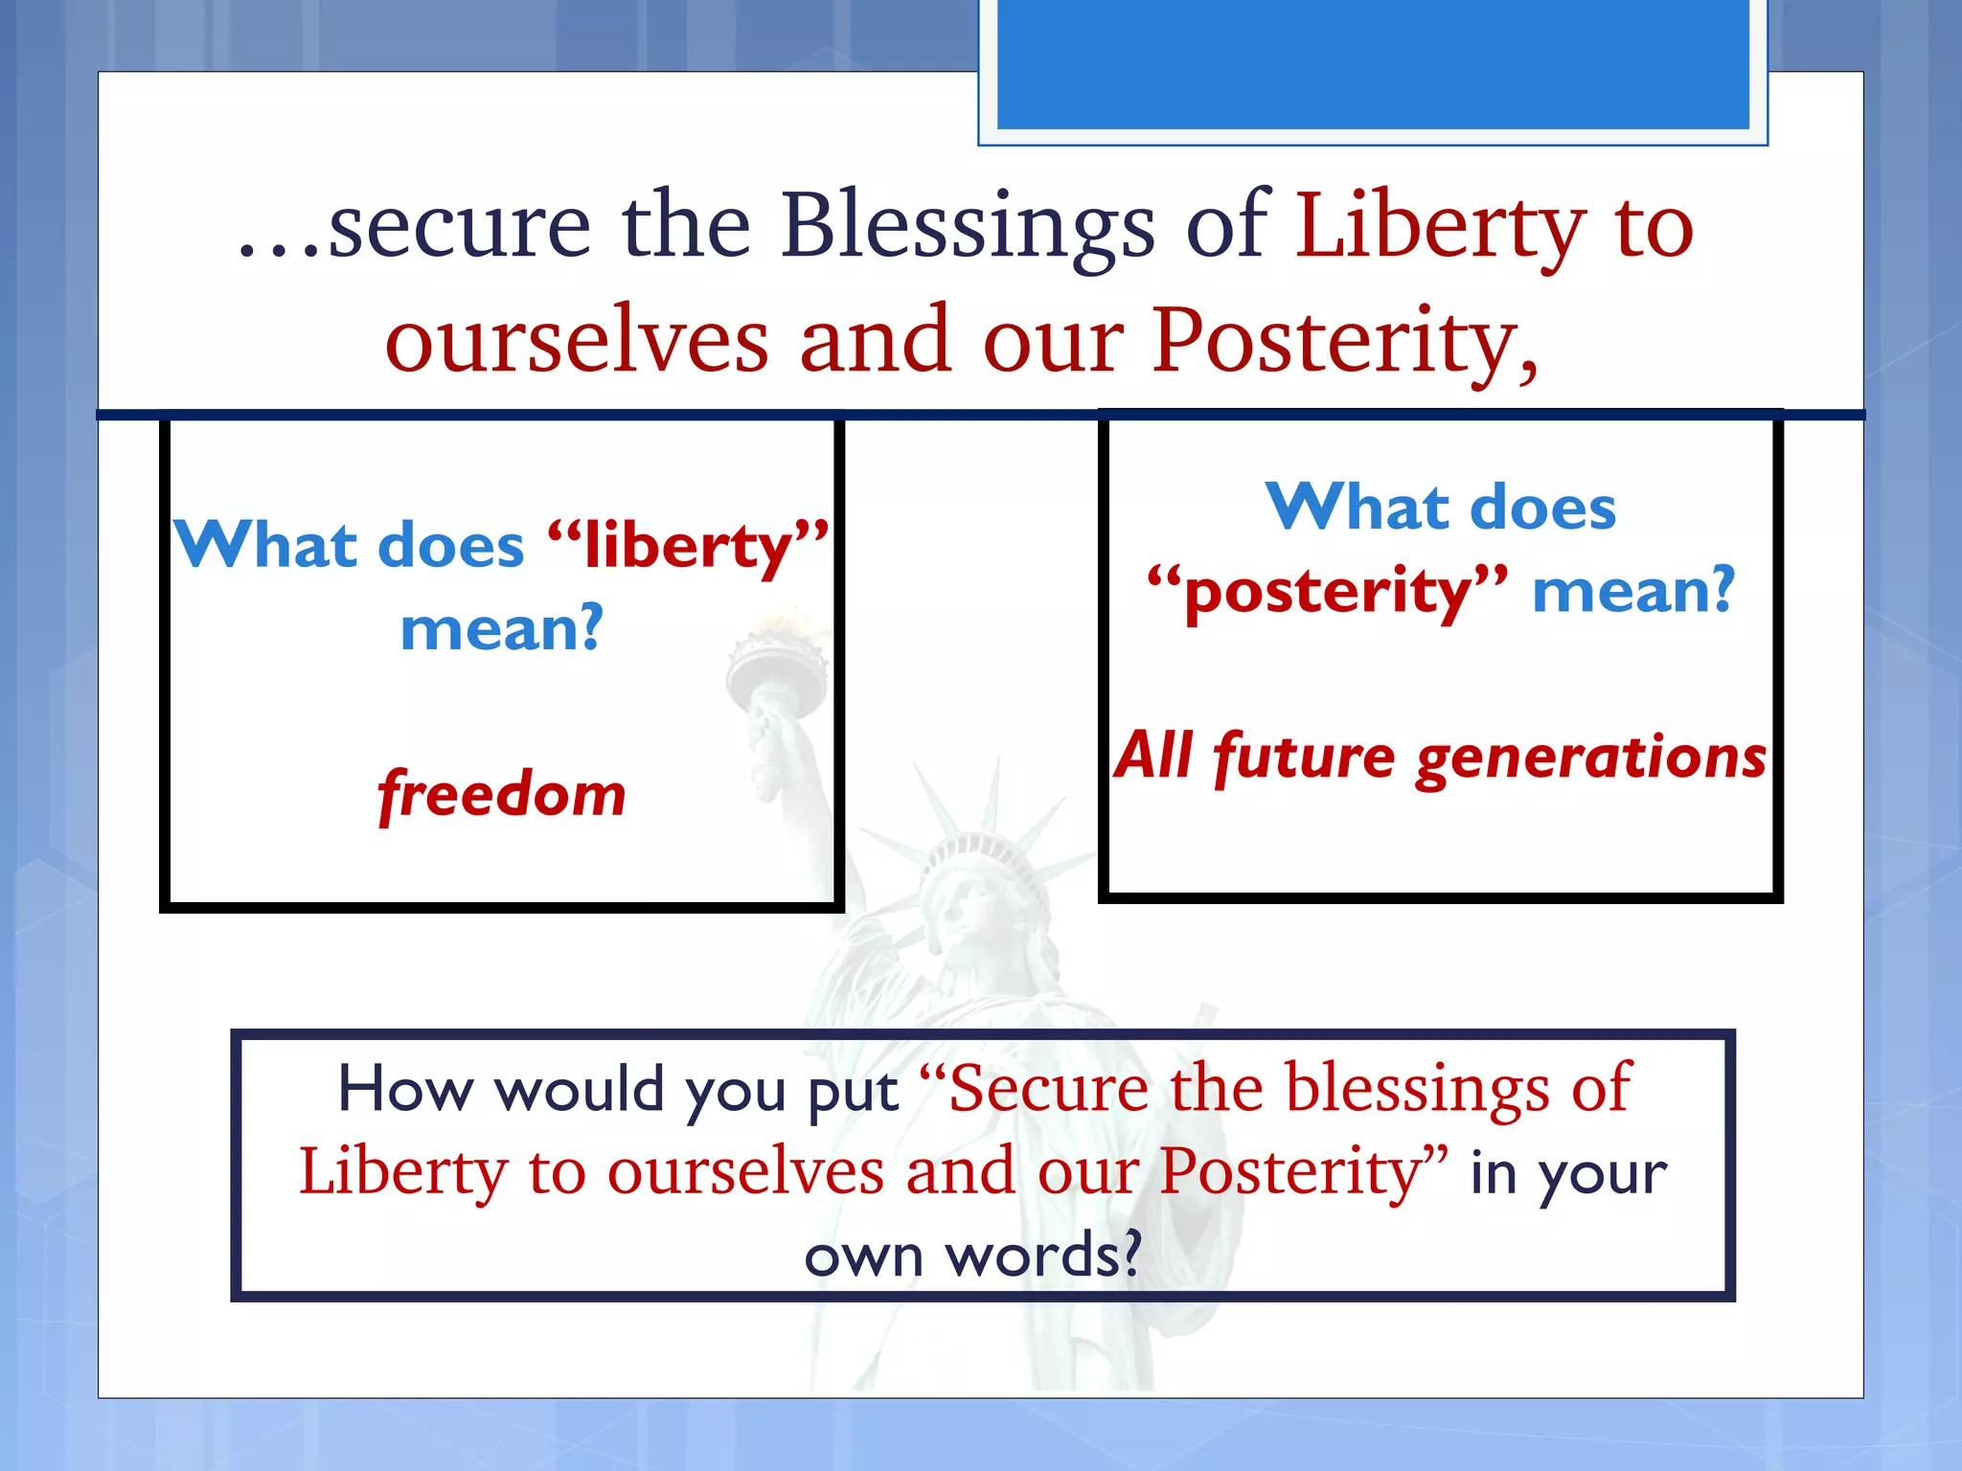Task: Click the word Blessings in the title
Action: point(968,228)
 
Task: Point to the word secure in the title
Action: point(460,228)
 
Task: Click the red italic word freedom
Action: point(502,795)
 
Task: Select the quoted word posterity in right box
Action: point(1327,592)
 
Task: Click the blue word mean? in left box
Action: point(502,629)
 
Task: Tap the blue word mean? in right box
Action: point(1633,590)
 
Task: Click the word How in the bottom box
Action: point(406,1090)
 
